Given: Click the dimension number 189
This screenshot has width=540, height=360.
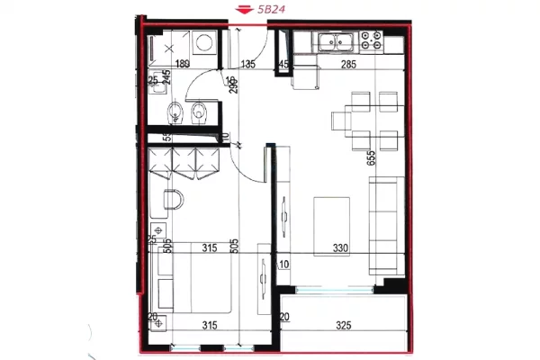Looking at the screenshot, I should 183,64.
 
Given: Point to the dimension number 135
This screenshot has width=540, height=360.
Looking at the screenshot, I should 249,64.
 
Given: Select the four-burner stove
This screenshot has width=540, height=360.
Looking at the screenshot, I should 370,41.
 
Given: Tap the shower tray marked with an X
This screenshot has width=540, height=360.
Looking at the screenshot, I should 168,44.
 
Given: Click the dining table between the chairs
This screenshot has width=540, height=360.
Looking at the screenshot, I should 366,119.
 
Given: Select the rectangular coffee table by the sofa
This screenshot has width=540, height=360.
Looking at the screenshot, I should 331,216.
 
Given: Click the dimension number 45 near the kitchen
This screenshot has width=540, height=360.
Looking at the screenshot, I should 283,64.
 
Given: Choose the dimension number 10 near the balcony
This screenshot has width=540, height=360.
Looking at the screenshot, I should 284,265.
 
